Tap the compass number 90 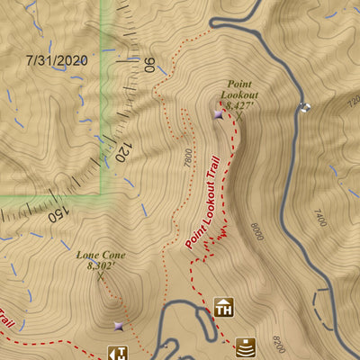coord(149,66)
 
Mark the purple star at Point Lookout coord(219,114)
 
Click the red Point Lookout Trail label coord(202,202)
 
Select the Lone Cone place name coord(101,255)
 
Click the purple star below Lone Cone coord(118,326)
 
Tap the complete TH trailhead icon coord(224,307)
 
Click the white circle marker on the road coord(304,107)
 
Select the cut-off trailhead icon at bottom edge coord(117,353)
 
